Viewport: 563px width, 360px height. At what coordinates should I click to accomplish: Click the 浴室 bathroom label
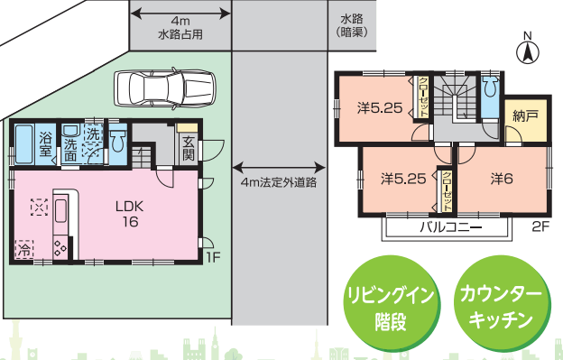[46, 142]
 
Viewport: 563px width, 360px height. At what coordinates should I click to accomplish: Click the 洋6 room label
[502, 178]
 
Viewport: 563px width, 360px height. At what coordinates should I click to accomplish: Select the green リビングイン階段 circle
[389, 308]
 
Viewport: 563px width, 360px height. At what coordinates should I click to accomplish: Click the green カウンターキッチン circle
[500, 308]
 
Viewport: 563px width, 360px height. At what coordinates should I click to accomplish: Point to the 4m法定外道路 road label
[279, 182]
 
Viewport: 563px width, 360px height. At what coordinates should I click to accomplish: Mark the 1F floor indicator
[212, 257]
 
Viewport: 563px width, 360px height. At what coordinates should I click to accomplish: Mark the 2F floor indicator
[540, 226]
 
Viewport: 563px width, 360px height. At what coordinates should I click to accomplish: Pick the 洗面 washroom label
[70, 149]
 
